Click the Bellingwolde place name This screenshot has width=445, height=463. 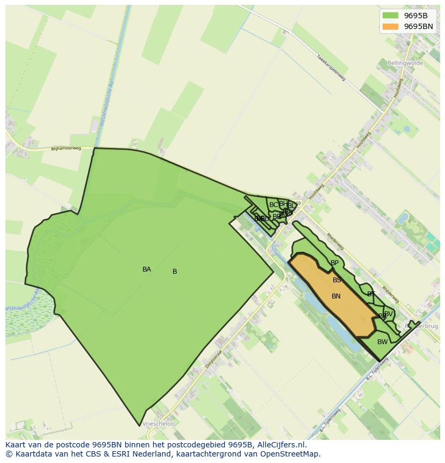click(405, 63)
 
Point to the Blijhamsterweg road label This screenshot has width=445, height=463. click(66, 148)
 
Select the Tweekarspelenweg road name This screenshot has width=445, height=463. click(330, 68)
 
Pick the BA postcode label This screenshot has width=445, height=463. click(147, 269)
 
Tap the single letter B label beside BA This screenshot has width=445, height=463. click(175, 272)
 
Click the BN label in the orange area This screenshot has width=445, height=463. click(336, 296)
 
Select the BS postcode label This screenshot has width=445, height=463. click(337, 280)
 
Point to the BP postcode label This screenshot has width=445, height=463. click(335, 263)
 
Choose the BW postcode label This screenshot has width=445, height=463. click(382, 342)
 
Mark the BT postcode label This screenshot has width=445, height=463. click(371, 294)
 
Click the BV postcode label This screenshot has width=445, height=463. click(388, 314)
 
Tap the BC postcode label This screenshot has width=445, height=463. click(274, 205)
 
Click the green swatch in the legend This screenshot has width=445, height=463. click(391, 16)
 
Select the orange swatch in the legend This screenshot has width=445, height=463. click(391, 26)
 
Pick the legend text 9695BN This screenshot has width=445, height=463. click(418, 26)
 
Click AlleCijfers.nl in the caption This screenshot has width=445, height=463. click(281, 445)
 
